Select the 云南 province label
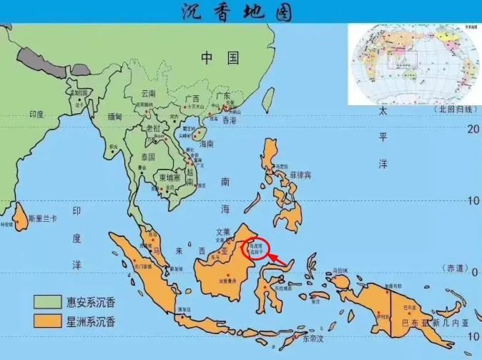149,94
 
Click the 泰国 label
148,156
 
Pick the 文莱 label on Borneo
224,232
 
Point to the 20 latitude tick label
471,129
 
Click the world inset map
414,64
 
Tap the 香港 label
229,121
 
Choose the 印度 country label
36,114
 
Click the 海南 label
207,144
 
